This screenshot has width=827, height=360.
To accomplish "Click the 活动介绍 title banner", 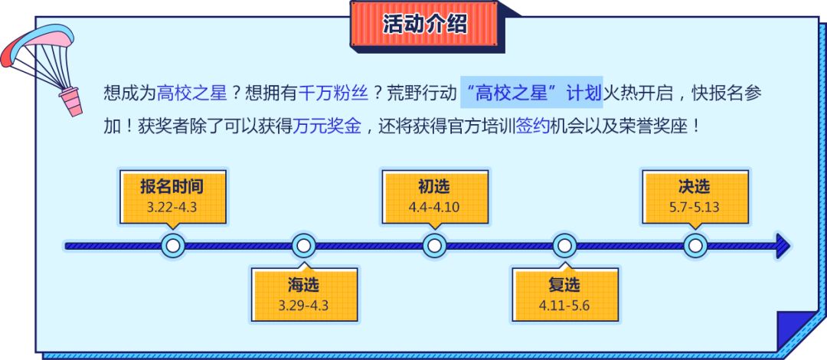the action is (x=424, y=24).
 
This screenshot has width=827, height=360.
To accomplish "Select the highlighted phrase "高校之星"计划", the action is (x=532, y=93).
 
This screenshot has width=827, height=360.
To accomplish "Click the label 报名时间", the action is (x=172, y=186).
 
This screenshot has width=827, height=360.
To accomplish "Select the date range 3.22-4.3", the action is (x=172, y=207).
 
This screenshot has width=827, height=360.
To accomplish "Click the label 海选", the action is (x=303, y=286).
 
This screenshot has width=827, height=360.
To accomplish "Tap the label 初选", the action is (x=434, y=186).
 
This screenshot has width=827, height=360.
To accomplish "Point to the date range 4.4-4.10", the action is (x=434, y=207).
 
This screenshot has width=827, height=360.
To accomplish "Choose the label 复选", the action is (x=564, y=286).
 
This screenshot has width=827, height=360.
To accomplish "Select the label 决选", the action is (x=694, y=186).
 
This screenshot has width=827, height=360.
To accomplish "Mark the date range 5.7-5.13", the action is (x=694, y=207).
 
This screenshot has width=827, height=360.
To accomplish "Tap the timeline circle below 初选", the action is (x=434, y=246).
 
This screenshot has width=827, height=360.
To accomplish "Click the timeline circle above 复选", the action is (x=564, y=246).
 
